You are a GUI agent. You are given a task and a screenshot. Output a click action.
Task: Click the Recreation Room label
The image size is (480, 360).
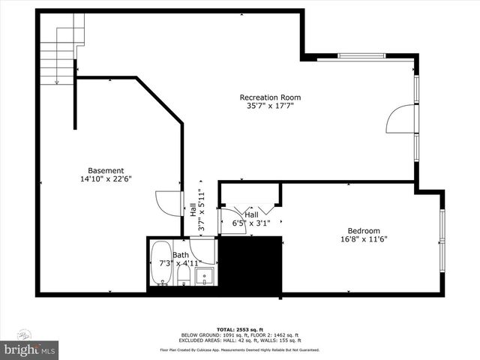(270, 97)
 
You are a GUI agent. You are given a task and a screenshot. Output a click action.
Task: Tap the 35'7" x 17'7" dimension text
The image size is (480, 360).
(270, 106)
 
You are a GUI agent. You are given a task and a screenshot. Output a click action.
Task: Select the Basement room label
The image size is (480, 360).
(106, 170)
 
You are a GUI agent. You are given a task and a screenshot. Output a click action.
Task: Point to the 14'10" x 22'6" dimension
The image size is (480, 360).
(106, 179)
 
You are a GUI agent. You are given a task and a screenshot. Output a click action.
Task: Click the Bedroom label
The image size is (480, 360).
(363, 230)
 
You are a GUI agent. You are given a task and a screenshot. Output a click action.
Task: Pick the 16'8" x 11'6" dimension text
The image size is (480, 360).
(363, 240)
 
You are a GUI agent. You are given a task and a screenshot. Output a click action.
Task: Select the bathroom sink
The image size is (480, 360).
(205, 276)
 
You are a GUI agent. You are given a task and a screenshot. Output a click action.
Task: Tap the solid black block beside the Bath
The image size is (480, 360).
(250, 264)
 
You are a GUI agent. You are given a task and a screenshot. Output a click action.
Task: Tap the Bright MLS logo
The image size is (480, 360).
(30, 349)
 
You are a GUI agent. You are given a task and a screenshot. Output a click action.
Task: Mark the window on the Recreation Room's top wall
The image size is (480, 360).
(362, 55)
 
